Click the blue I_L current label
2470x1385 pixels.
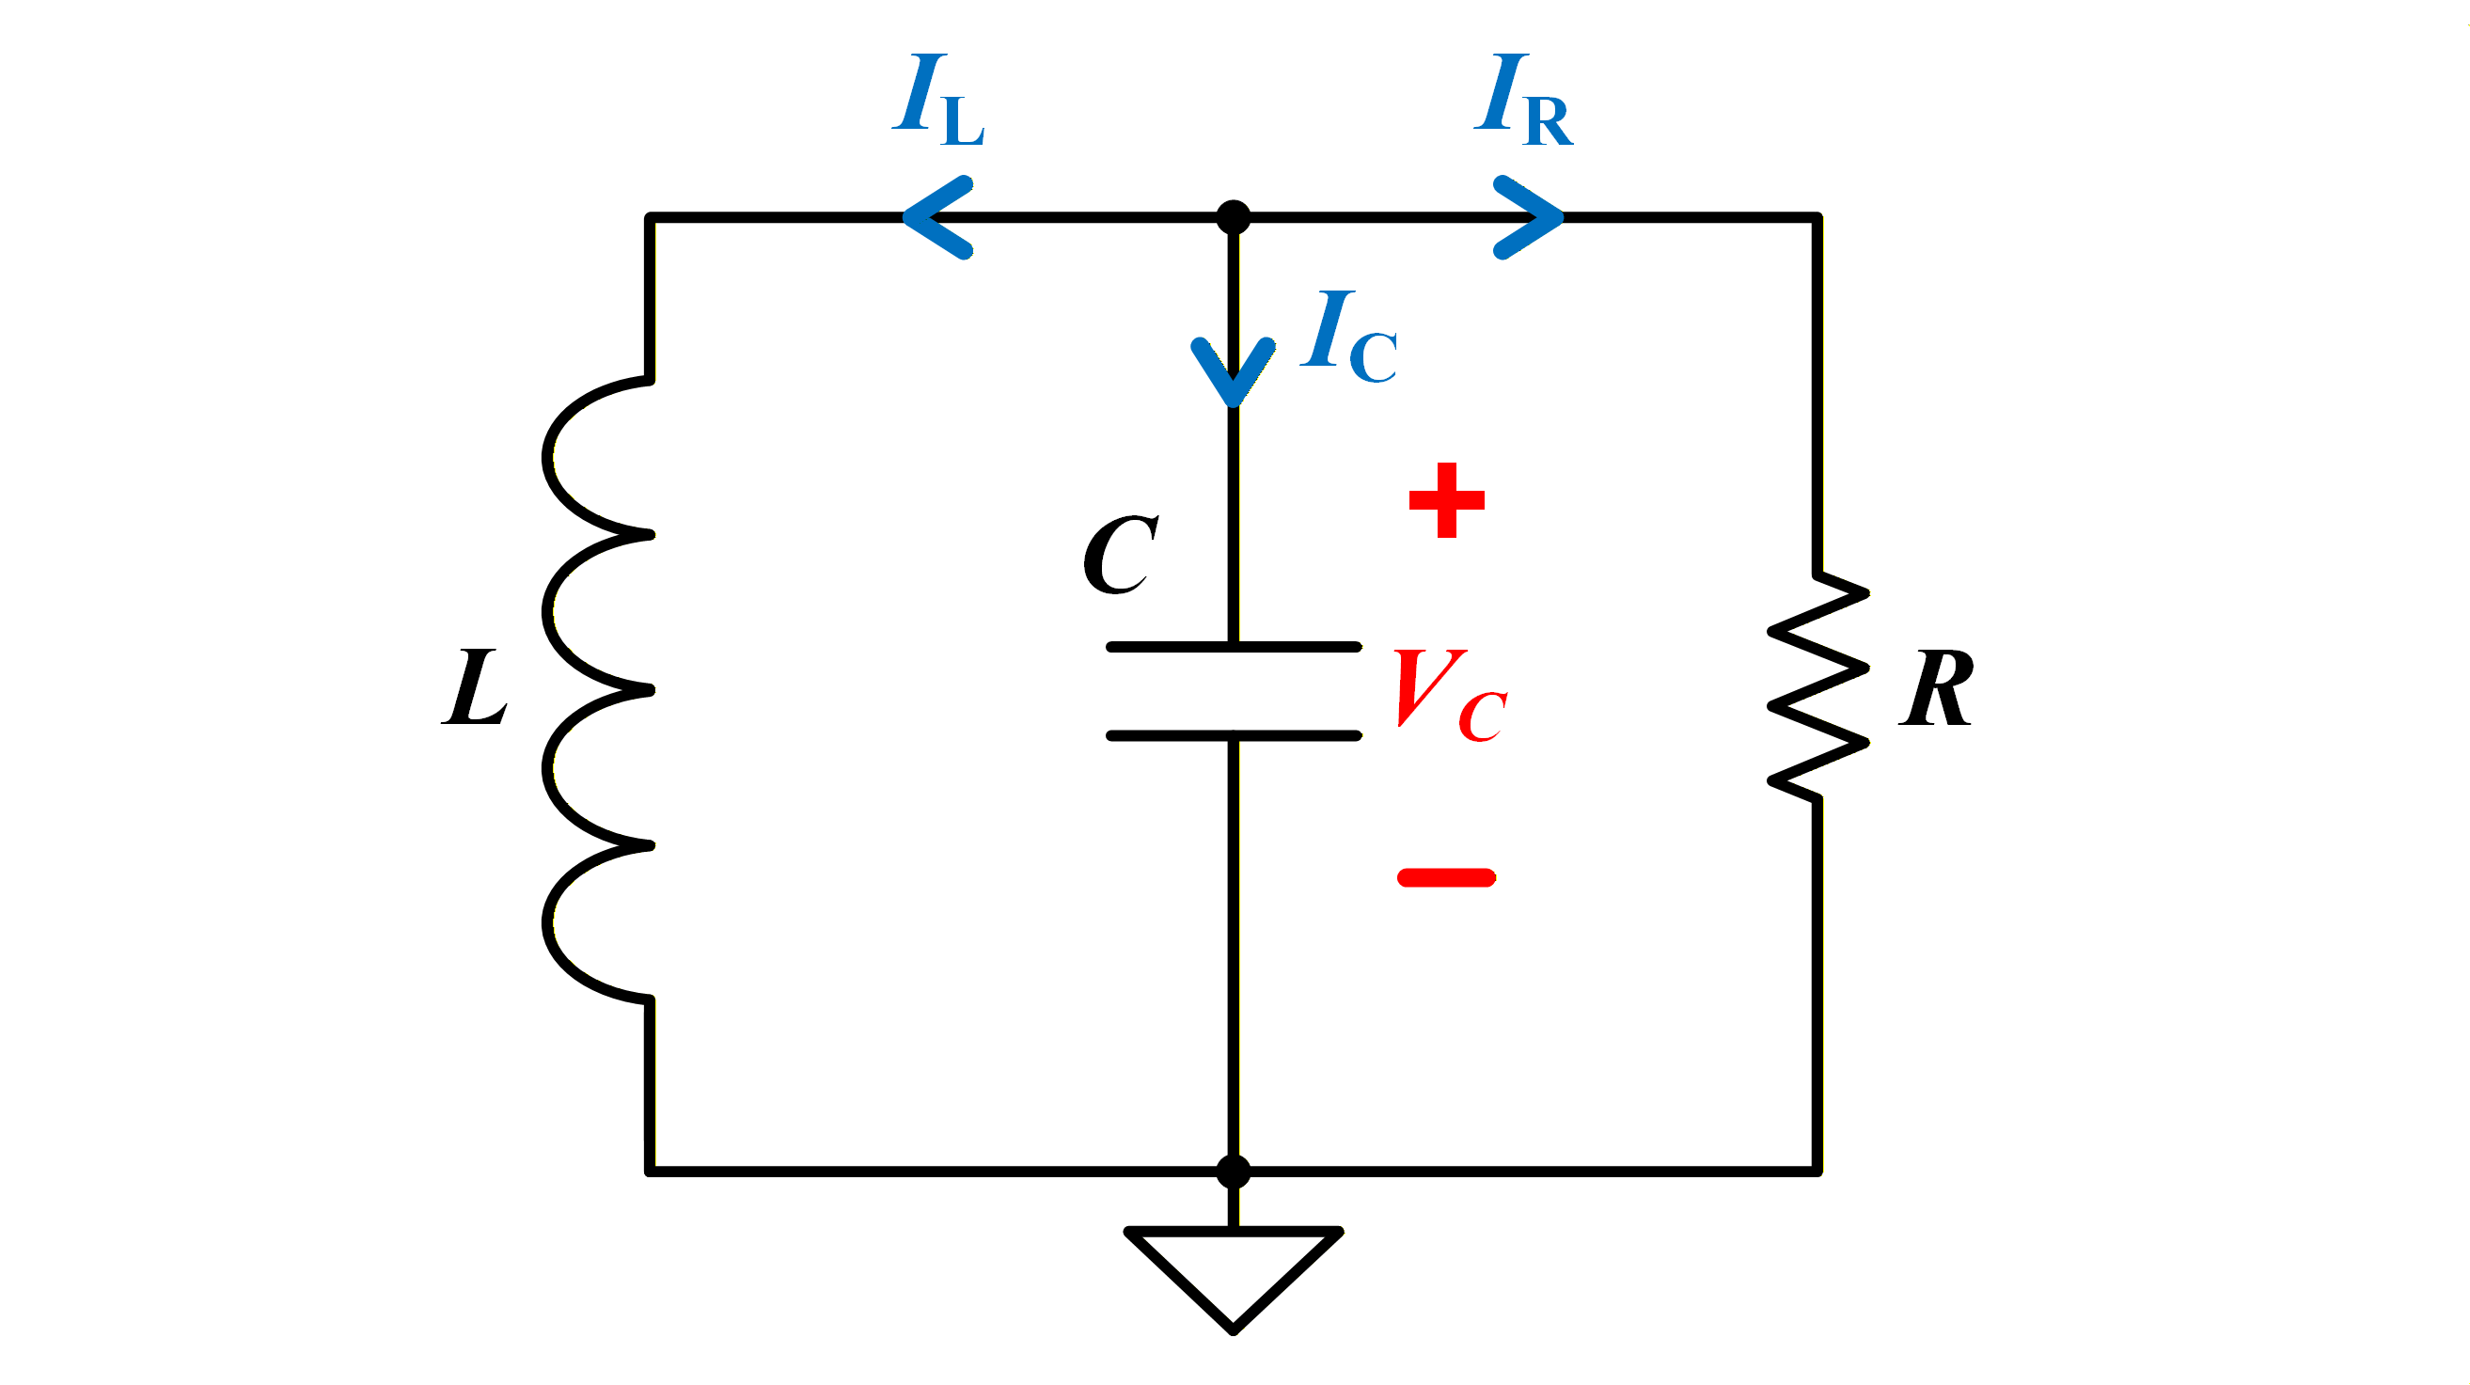(x=937, y=100)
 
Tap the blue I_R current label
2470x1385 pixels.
(x=1523, y=100)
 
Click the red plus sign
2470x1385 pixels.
(x=1447, y=499)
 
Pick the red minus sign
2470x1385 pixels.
(x=1447, y=877)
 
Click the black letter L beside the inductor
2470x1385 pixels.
(x=474, y=686)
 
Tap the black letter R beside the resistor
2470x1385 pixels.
(x=1936, y=686)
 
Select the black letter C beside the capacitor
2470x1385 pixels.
(x=1121, y=556)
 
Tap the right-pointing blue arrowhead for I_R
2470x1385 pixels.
(x=1530, y=218)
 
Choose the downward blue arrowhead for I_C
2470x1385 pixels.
(x=1233, y=372)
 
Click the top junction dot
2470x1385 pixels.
(x=1233, y=218)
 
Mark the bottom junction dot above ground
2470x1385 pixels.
(x=1233, y=1173)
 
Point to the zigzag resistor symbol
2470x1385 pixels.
(x=1818, y=686)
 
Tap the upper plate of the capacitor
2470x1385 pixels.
(x=1234, y=648)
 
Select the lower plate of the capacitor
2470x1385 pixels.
(x=1234, y=735)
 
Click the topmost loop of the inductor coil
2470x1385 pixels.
(x=548, y=458)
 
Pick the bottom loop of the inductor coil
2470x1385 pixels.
(x=548, y=923)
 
